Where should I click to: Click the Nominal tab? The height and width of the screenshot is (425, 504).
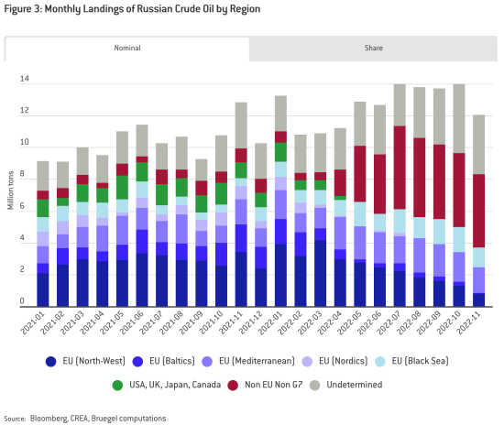point(126,48)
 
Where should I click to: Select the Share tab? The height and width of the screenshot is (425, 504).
point(373,48)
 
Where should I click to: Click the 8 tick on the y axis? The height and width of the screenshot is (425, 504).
point(24,176)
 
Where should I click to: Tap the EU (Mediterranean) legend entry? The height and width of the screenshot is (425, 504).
point(293,360)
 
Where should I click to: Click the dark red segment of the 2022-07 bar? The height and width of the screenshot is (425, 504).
point(399,167)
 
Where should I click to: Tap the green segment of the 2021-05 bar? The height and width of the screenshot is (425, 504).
point(122,187)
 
